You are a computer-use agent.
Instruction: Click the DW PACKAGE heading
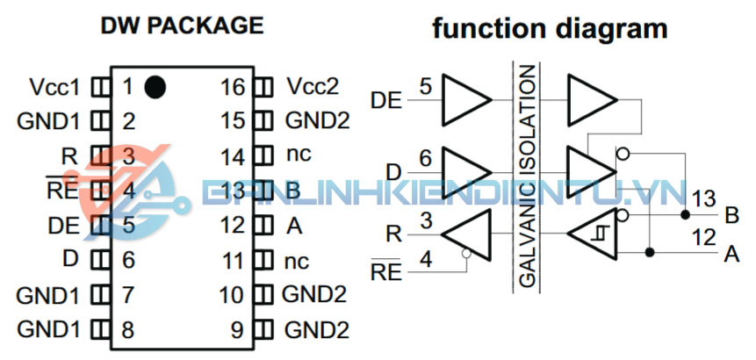[181, 25]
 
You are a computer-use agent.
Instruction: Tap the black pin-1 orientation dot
[155, 86]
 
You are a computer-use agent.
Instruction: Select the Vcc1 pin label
[54, 88]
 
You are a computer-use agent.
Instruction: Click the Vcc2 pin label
[313, 87]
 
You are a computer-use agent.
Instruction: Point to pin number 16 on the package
[232, 87]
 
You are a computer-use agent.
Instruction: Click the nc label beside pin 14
[299, 155]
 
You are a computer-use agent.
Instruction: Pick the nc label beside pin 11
[299, 260]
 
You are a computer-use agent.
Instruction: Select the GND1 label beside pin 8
[49, 330]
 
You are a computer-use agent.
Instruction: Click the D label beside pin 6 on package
[71, 260]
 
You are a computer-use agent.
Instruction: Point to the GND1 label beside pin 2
[49, 121]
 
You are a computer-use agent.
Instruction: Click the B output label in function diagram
[731, 213]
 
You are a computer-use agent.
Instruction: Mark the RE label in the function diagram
[387, 270]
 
